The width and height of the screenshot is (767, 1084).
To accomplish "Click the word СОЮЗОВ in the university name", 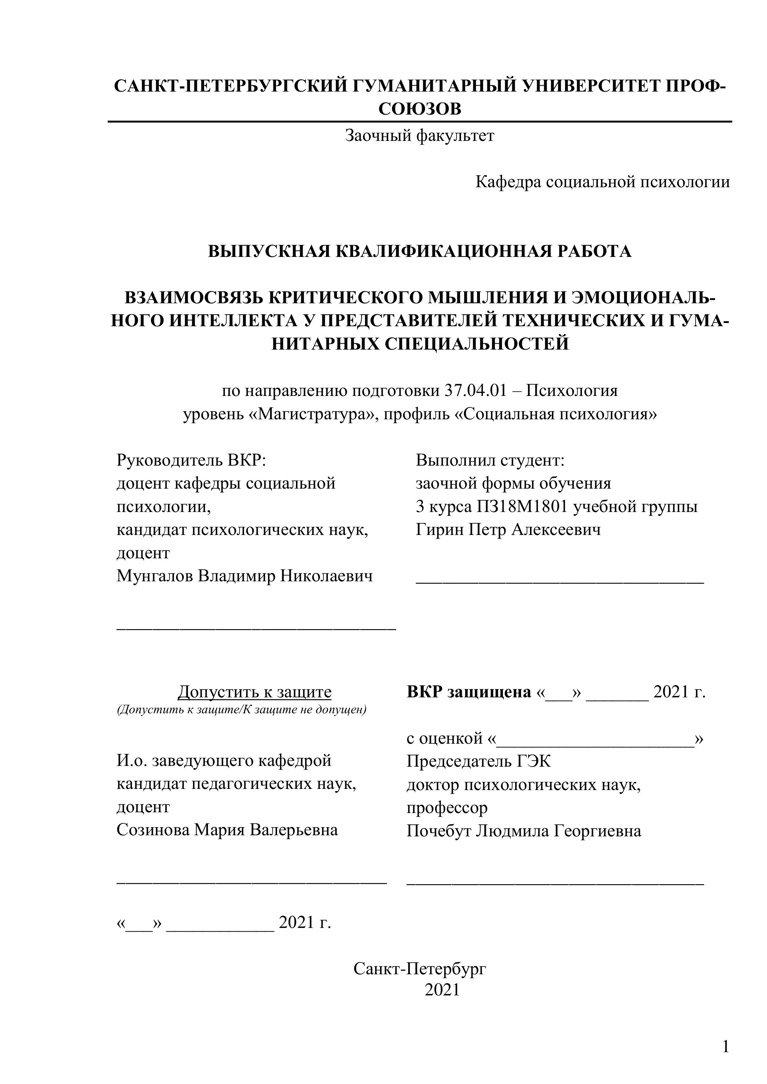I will [419, 109].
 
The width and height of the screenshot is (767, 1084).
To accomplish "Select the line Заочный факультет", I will [419, 136].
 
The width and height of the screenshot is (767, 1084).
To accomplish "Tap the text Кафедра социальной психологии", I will [602, 182].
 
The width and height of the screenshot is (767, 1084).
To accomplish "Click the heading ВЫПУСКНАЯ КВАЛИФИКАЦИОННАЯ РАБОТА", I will [419, 251].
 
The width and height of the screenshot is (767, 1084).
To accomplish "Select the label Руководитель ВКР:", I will [191, 460].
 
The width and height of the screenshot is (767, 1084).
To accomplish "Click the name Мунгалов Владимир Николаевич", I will [244, 576].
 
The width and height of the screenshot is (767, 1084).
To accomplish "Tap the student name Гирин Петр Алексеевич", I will [508, 530].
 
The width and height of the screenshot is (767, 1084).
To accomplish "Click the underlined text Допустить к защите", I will [254, 692].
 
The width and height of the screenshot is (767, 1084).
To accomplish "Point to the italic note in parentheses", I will [241, 710].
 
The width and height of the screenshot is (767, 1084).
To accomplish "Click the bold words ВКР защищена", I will [468, 692].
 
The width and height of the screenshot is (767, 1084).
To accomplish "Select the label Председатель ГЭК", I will [478, 761].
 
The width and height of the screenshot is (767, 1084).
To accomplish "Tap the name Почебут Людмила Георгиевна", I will [524, 831].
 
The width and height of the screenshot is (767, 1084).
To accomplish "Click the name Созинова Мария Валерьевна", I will [227, 830].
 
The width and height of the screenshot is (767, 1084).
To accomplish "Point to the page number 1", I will [725, 1048].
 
